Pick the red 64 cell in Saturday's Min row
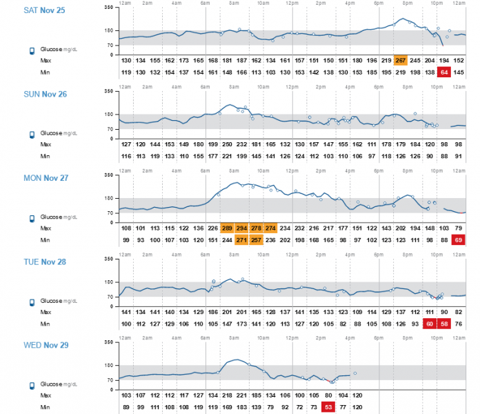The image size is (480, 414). click(x=444, y=72)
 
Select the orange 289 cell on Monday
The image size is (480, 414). click(x=227, y=228)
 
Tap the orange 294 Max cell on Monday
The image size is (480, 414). click(x=241, y=228)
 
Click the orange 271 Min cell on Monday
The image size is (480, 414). click(x=241, y=239)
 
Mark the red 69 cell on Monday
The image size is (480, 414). click(x=459, y=239)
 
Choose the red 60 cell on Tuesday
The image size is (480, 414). click(x=430, y=323)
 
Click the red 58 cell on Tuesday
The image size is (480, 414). click(x=444, y=323)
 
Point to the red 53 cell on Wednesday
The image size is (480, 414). click(x=328, y=406)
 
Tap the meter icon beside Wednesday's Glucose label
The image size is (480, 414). click(x=32, y=385)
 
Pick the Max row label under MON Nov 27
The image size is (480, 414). click(x=46, y=228)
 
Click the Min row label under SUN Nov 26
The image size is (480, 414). click(x=46, y=155)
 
